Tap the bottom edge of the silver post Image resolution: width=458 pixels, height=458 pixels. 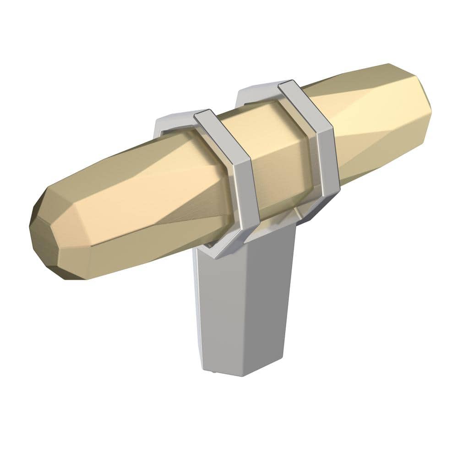[238, 373]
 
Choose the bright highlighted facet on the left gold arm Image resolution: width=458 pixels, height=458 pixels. [137, 183]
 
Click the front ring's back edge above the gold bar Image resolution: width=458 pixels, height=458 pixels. [174, 120]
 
